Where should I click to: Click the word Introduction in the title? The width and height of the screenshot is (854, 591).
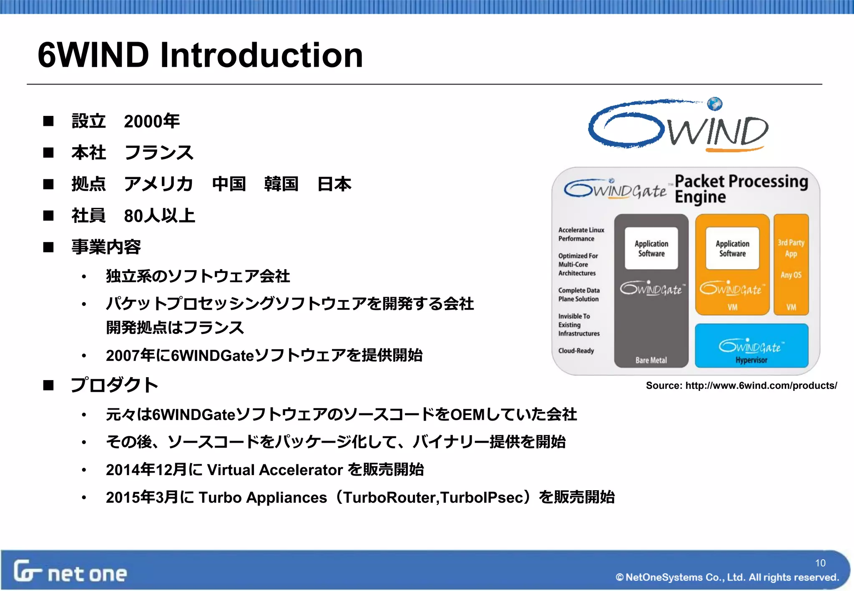pyautogui.click(x=261, y=55)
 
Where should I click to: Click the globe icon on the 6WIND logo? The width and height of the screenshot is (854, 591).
pyautogui.click(x=715, y=104)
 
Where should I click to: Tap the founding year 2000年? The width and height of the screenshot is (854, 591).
pyautogui.click(x=152, y=121)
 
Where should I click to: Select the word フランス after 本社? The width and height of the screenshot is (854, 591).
pyautogui.click(x=159, y=153)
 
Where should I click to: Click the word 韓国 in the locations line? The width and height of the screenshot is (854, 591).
pyautogui.click(x=281, y=184)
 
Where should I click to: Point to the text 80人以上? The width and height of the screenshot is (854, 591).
pyautogui.click(x=159, y=215)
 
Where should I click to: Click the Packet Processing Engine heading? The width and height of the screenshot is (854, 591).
pyautogui.click(x=741, y=189)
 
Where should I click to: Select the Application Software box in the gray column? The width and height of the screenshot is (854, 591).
pyautogui.click(x=651, y=248)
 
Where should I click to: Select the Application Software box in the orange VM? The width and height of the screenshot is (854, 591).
pyautogui.click(x=732, y=248)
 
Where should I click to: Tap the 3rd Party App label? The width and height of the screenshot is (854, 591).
pyautogui.click(x=791, y=248)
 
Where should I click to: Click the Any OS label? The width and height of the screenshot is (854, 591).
pyautogui.click(x=791, y=275)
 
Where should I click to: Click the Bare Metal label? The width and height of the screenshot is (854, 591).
pyautogui.click(x=651, y=360)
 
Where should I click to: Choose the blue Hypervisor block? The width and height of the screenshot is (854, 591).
pyautogui.click(x=751, y=346)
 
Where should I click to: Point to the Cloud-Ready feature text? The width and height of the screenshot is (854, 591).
pyautogui.click(x=576, y=351)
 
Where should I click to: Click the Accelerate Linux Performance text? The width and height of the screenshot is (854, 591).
pyautogui.click(x=581, y=234)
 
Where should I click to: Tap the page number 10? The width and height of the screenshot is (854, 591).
pyautogui.click(x=820, y=563)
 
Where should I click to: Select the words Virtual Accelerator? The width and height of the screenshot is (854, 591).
pyautogui.click(x=275, y=470)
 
